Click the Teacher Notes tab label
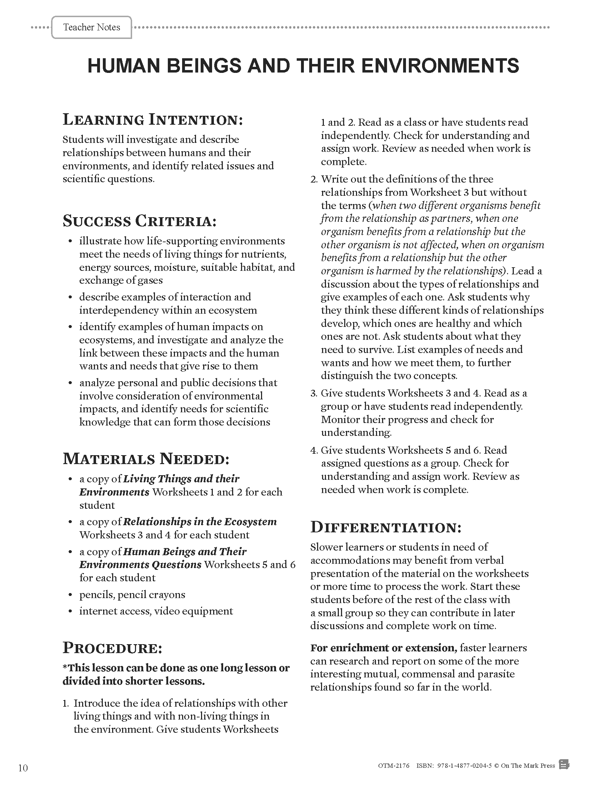(x=92, y=28)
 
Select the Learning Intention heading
(x=153, y=120)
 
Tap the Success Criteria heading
(x=140, y=221)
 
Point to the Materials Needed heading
(x=146, y=459)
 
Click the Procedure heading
(x=112, y=648)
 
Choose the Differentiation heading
(x=386, y=528)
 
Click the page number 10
(x=22, y=768)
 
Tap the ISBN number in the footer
(x=464, y=766)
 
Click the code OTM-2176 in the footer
(x=393, y=766)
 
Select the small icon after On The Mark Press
(x=565, y=765)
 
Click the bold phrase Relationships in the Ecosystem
(x=200, y=522)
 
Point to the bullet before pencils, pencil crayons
(x=70, y=595)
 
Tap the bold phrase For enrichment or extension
(x=383, y=648)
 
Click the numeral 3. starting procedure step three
(x=313, y=393)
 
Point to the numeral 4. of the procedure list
(x=314, y=451)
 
